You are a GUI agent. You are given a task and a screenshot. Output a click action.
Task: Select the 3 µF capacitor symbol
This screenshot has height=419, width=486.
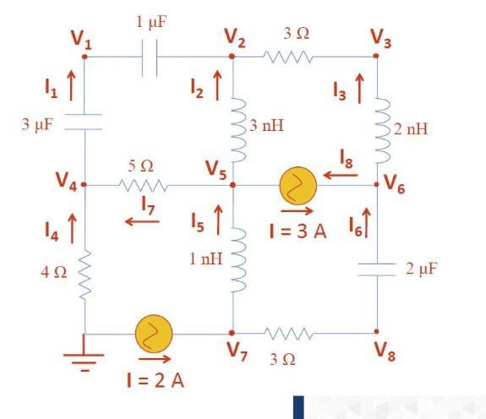[85, 123]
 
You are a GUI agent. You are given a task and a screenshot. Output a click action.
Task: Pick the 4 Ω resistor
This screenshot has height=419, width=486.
[85, 273]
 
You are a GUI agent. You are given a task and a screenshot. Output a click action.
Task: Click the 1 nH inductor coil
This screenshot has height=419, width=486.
[232, 259]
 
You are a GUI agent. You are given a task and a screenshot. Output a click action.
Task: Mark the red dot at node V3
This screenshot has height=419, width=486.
[377, 57]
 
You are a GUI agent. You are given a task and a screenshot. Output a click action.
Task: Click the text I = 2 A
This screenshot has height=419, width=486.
[155, 379]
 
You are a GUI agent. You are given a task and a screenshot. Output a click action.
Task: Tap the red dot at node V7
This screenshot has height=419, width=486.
[232, 333]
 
